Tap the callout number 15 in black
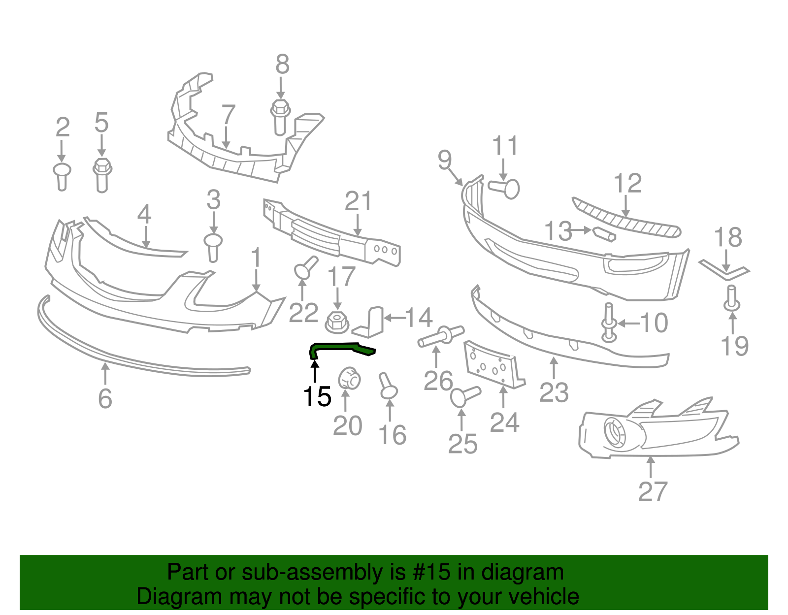[317, 396]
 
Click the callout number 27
[653, 491]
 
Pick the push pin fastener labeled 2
[62, 176]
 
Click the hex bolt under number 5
[102, 174]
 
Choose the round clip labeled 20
[349, 378]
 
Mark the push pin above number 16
[388, 387]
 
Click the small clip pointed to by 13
[604, 234]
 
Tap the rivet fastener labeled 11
[505, 188]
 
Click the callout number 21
[358, 201]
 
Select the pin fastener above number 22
[305, 268]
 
